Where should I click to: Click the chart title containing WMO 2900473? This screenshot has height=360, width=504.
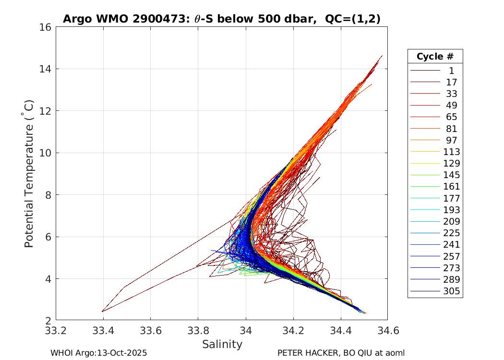click(x=222, y=19)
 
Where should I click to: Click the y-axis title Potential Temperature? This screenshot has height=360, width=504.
click(x=29, y=174)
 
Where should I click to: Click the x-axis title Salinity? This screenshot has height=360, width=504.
click(x=222, y=344)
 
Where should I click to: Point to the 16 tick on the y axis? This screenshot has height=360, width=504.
click(x=47, y=27)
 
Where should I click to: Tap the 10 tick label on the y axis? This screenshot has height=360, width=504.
click(x=47, y=153)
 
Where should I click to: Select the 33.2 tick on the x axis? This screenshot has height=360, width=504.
click(x=56, y=331)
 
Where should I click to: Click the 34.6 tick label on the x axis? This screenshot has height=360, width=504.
click(x=388, y=331)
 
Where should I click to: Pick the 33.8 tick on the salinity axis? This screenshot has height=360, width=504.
click(x=198, y=331)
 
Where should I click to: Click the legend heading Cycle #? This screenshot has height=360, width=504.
click(x=435, y=56)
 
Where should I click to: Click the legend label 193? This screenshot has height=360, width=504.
click(x=451, y=210)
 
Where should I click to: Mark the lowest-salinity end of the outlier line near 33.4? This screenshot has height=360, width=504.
click(x=102, y=312)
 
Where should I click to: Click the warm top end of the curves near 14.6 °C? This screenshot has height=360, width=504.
click(x=382, y=56)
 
